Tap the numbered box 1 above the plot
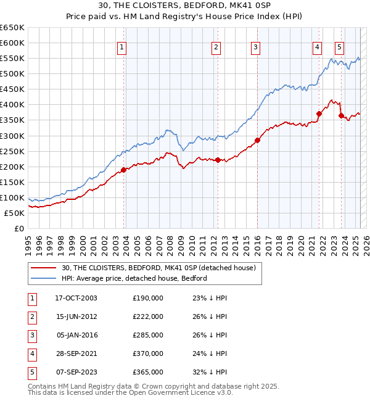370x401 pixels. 121,47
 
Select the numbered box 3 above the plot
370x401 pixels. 255,47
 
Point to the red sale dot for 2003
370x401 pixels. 124,170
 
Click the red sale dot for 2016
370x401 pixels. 257,140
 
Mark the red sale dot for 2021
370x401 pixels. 319,114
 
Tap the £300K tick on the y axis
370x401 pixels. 13,136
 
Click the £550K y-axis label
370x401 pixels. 13,58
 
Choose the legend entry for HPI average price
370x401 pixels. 134,278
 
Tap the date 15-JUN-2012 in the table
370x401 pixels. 76,316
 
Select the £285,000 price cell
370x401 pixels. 148,335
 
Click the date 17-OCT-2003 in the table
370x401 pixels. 76,298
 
